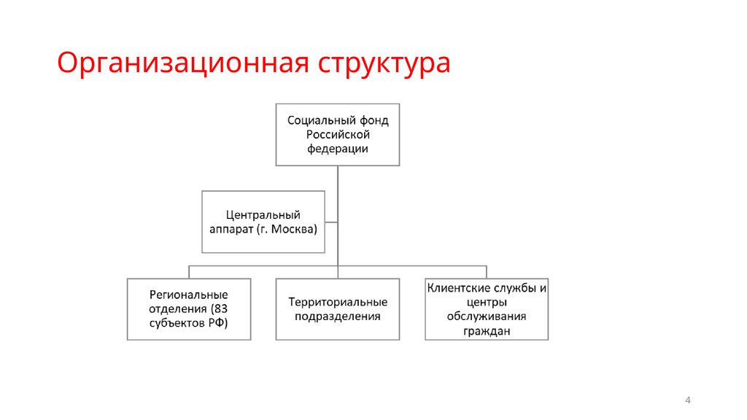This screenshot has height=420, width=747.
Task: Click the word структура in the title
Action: pyautogui.click(x=384, y=63)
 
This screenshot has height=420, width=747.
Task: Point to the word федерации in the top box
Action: pyautogui.click(x=337, y=149)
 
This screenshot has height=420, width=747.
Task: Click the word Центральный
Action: pyautogui.click(x=263, y=214)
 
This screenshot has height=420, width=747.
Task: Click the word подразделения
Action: pyautogui.click(x=337, y=316)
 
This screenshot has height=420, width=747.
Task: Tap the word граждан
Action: pyautogui.click(x=487, y=330)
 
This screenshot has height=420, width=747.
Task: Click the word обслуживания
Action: pyautogui.click(x=487, y=316)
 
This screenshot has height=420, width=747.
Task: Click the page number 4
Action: pyautogui.click(x=688, y=400)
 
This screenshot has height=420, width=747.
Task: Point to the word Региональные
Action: pyautogui.click(x=189, y=295)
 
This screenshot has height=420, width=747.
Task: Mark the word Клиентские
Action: pyautogui.click(x=455, y=288)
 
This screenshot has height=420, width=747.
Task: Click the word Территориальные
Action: pyautogui.click(x=337, y=302)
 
